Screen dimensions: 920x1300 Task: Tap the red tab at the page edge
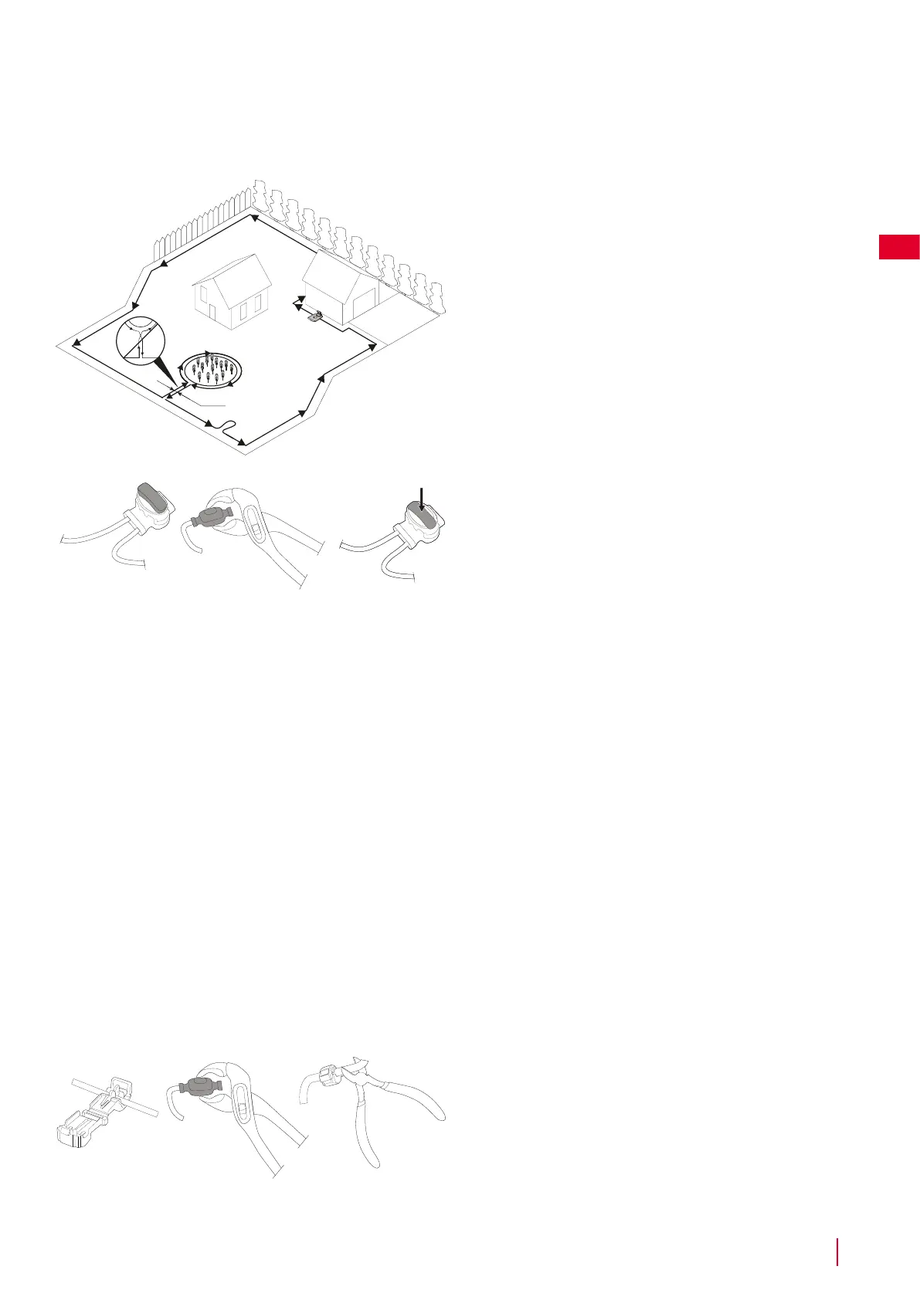coord(898,247)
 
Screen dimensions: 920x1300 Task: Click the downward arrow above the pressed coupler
coord(421,499)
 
